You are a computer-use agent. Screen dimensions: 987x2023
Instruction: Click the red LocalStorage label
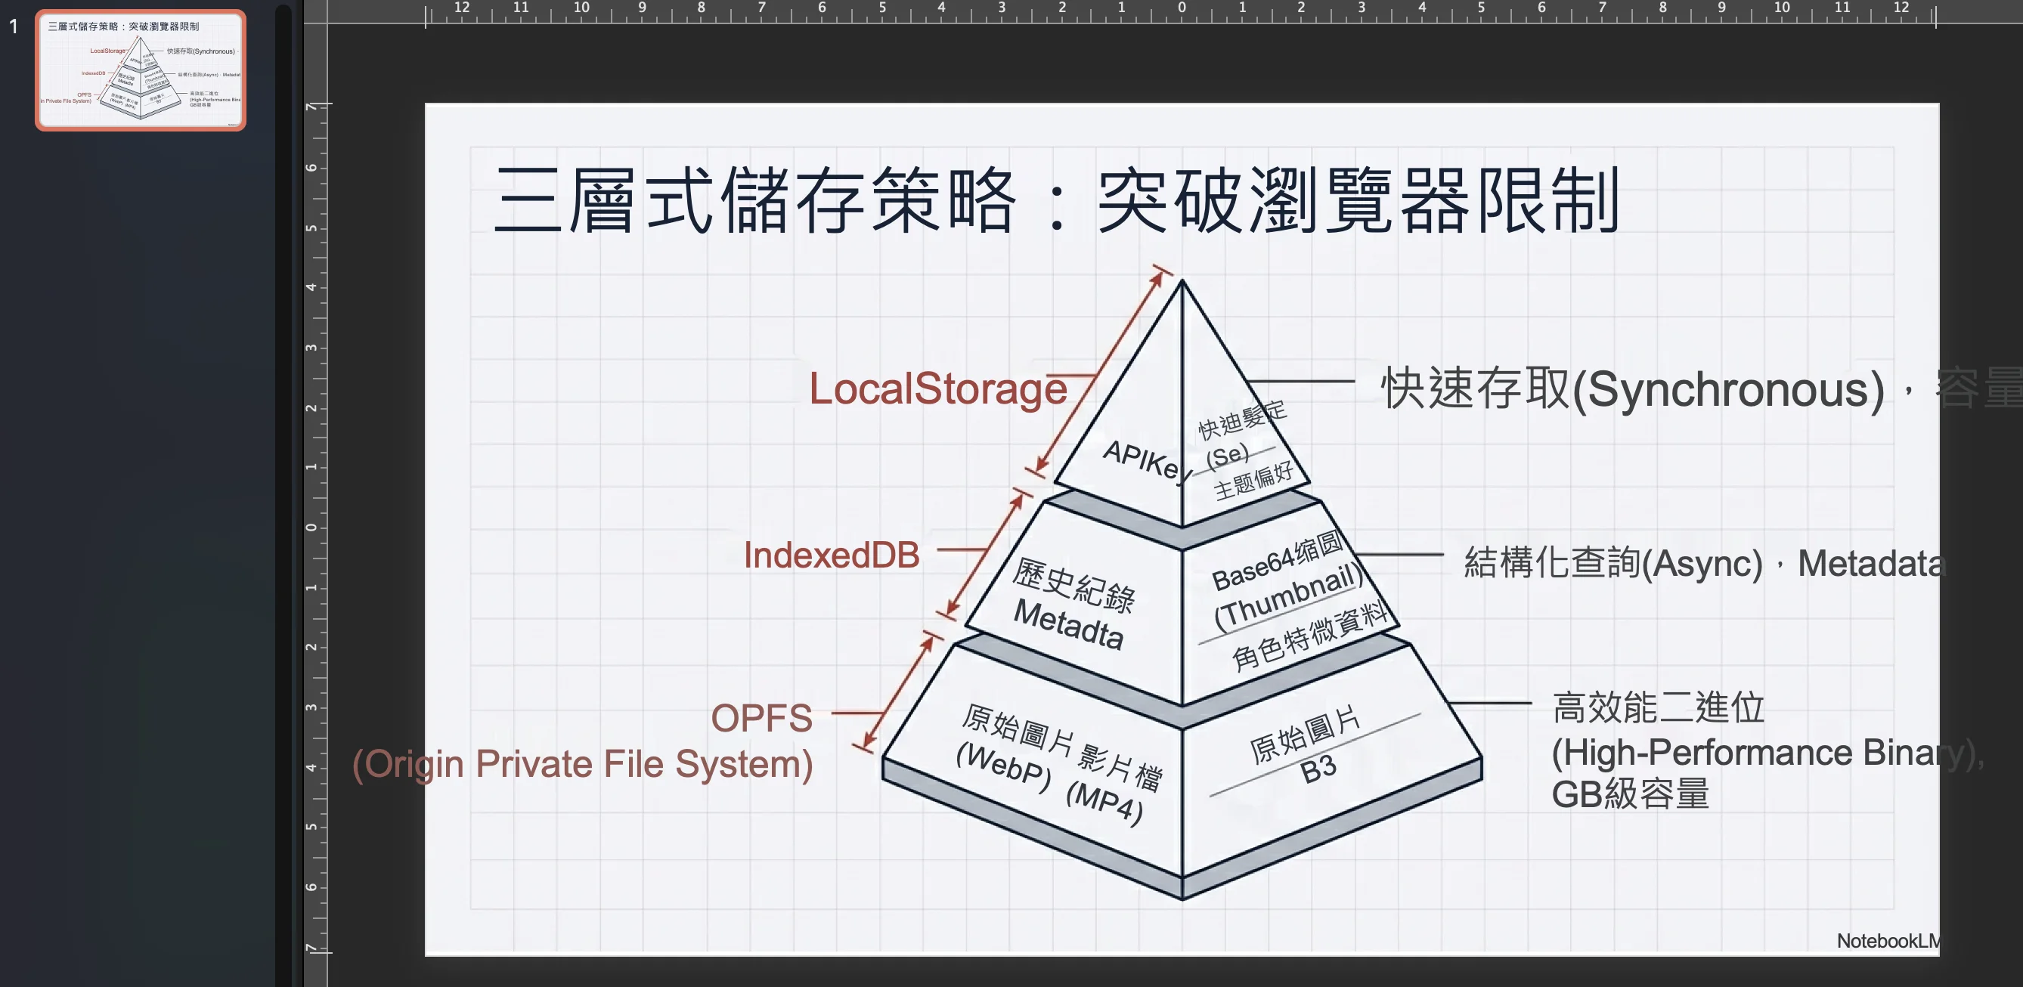pos(937,388)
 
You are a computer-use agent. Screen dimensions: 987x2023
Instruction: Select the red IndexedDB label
pos(831,555)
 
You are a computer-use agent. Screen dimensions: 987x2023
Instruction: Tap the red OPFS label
pos(761,718)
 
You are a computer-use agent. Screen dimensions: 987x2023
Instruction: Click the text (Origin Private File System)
pos(582,764)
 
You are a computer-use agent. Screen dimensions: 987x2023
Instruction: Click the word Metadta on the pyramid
pos(1068,624)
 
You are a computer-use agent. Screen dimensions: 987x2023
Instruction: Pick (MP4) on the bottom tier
pos(1104,802)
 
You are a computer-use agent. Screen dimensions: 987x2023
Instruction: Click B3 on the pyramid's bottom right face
pos(1318,769)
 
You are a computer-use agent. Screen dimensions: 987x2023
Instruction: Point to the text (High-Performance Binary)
pos(1763,753)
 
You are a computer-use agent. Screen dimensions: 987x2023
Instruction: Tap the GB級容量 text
pos(1630,794)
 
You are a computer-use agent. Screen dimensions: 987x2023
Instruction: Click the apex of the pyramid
pos(1182,282)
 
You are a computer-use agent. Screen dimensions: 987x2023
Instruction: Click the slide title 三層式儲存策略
pos(754,200)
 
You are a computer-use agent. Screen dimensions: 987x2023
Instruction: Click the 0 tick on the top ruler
pos(1181,8)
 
